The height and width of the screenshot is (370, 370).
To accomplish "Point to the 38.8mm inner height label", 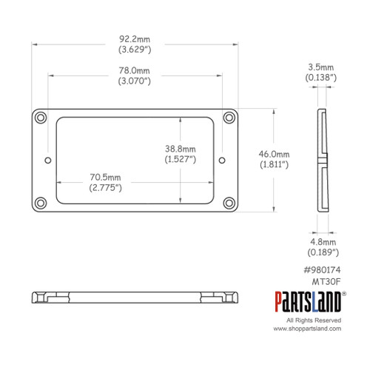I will coord(181,148).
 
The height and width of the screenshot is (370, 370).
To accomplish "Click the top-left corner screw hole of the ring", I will coord(39,118).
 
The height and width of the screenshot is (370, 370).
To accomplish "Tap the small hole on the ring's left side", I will coord(48,158).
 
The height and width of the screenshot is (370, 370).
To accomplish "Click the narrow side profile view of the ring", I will coord(323,158).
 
